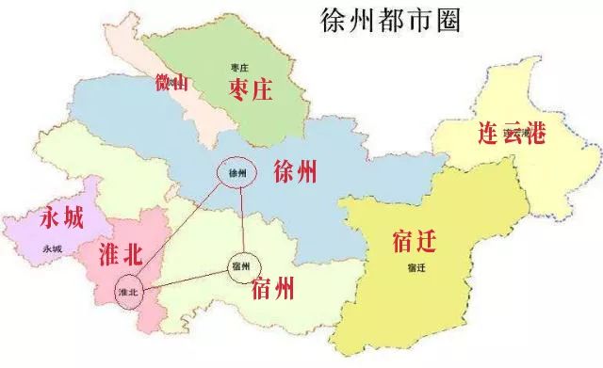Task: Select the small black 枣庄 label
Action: [x=238, y=67]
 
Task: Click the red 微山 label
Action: [x=172, y=82]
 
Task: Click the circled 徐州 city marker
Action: [x=236, y=173]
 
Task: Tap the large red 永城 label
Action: [x=62, y=218]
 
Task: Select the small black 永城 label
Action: [x=53, y=248]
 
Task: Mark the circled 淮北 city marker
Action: [x=130, y=292]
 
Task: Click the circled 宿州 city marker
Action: [x=240, y=266]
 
